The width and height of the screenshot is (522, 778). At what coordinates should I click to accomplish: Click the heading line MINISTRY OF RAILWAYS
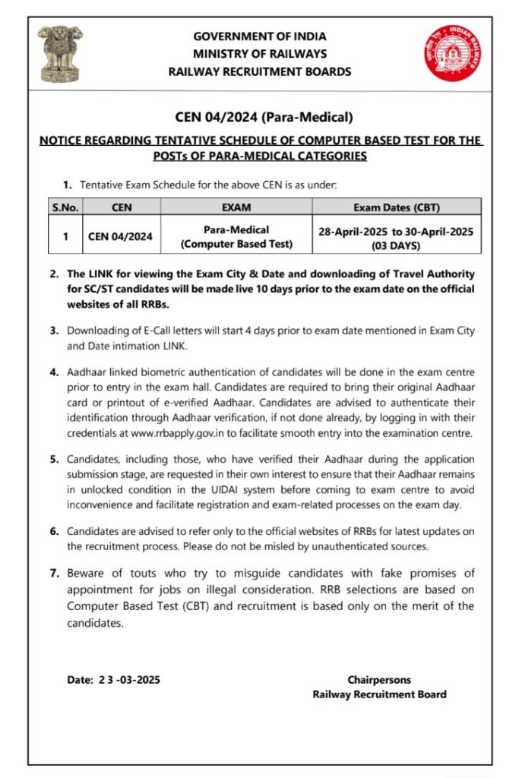[260, 54]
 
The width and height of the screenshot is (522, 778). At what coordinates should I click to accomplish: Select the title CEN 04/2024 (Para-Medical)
[261, 116]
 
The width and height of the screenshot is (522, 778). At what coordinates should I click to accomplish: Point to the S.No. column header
[65, 206]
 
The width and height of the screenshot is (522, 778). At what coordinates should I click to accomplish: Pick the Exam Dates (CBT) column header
[397, 206]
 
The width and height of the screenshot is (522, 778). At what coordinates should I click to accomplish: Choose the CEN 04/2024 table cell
[120, 236]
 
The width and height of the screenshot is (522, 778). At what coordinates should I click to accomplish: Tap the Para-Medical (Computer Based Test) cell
[236, 236]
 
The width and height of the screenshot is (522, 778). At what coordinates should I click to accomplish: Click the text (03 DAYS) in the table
[397, 246]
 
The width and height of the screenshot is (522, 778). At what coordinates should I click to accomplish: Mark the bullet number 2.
[54, 274]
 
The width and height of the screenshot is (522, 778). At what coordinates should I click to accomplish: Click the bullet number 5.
[54, 460]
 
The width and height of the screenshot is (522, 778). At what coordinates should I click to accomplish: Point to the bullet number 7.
[54, 573]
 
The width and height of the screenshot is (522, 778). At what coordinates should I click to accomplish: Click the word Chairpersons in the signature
[379, 680]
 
